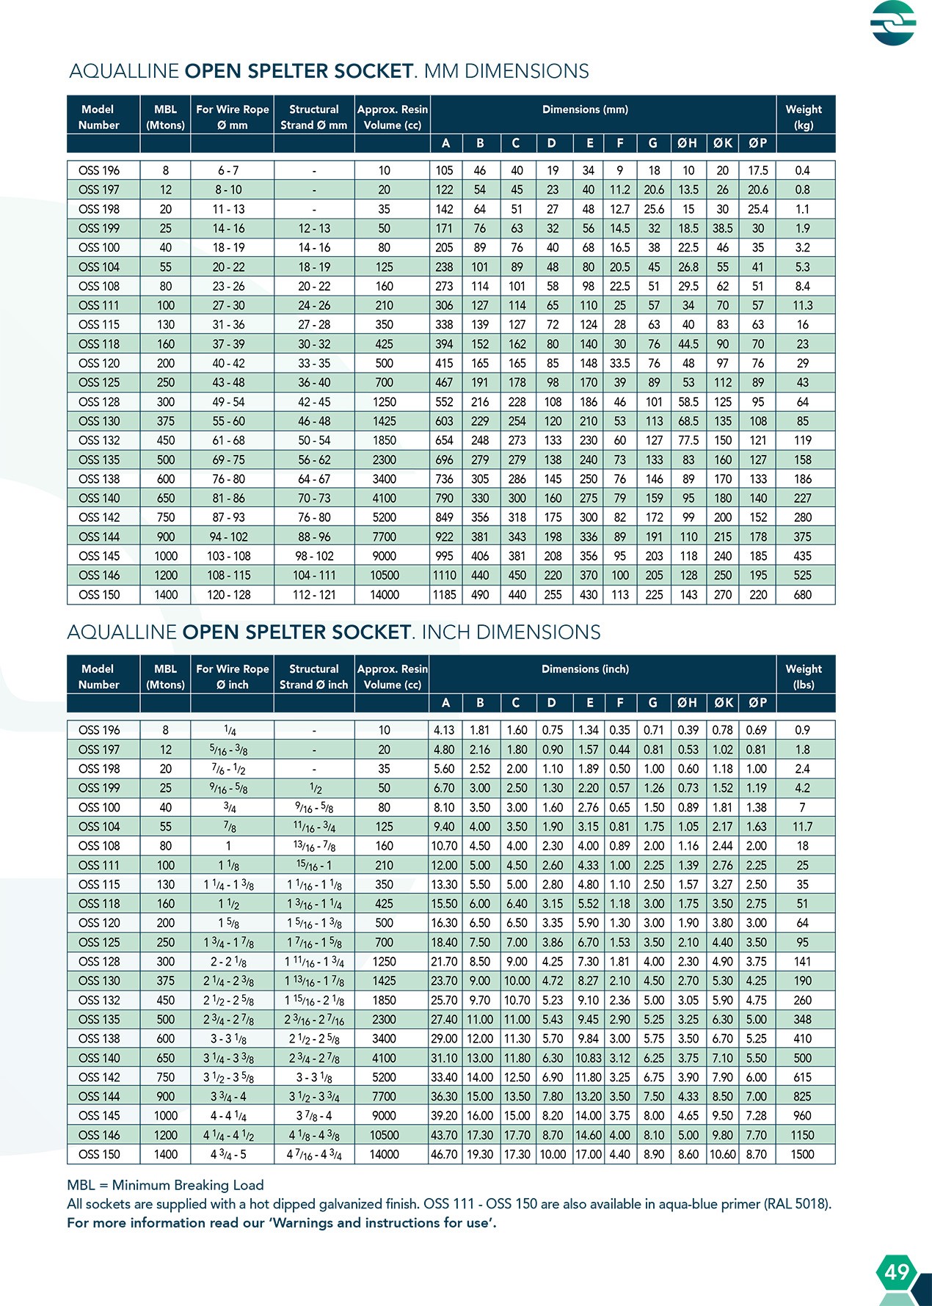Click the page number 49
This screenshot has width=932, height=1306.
896,1272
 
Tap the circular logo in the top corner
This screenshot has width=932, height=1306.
893,23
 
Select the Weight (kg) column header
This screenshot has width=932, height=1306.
804,117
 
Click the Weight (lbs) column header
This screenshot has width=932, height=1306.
804,676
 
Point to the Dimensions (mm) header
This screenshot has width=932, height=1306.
585,109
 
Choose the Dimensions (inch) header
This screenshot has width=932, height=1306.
585,669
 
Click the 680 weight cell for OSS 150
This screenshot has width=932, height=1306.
803,595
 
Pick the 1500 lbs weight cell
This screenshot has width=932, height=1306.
802,1154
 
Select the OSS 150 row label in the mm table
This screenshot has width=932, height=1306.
99,595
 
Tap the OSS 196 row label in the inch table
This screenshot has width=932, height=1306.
99,730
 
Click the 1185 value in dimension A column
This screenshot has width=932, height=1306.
444,595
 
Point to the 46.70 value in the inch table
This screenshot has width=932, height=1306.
444,1154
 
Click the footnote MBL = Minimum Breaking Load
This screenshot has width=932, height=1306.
165,1185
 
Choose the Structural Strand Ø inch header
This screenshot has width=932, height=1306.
314,676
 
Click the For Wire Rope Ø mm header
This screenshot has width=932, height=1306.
232,117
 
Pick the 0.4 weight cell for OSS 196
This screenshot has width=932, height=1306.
803,170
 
